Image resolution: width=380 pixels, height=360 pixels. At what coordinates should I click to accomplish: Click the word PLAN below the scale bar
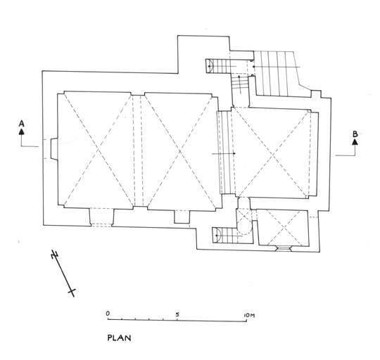119,337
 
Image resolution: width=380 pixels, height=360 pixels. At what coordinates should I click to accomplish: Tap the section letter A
22,124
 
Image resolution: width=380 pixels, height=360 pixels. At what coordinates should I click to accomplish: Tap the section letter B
355,134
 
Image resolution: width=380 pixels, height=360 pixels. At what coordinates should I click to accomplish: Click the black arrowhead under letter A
22,131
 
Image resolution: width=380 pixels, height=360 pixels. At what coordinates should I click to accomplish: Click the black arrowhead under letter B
355,142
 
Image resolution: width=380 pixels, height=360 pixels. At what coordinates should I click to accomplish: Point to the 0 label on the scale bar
108,314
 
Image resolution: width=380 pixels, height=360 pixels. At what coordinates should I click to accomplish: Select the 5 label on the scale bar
177,314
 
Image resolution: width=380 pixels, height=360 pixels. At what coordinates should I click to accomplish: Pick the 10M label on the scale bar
249,316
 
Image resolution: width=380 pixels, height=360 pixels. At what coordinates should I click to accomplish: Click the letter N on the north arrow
55,255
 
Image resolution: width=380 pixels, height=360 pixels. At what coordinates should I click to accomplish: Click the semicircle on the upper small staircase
211,65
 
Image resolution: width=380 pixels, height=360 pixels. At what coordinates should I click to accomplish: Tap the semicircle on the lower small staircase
218,236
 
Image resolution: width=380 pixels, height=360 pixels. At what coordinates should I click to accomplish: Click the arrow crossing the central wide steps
224,153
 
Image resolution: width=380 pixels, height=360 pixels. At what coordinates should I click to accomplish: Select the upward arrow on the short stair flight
240,84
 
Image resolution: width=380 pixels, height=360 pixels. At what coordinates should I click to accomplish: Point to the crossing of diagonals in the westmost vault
98,150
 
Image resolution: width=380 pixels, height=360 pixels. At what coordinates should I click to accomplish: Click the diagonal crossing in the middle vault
179,152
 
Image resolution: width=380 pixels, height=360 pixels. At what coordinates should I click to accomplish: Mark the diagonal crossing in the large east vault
273,154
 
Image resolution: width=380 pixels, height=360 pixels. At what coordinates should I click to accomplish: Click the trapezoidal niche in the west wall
54,148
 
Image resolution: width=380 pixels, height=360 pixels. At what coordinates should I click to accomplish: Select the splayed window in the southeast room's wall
284,248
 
